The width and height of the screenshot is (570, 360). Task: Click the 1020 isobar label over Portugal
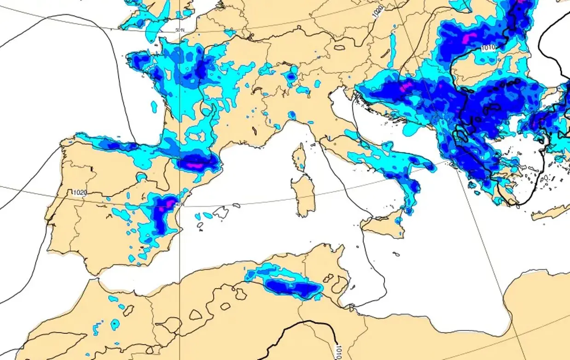click(80, 193)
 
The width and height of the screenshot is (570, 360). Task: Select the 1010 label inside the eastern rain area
click(488, 47)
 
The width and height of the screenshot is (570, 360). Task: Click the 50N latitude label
click(180, 30)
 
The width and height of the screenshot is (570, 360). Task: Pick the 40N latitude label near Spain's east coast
click(180, 204)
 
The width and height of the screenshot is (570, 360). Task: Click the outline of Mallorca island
click(221, 212)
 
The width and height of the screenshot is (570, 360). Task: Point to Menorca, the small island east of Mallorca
click(236, 205)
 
